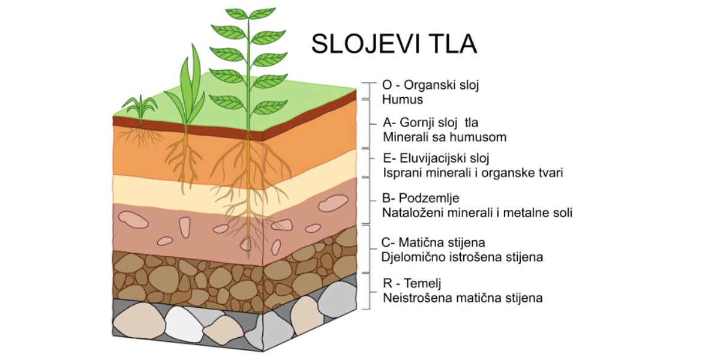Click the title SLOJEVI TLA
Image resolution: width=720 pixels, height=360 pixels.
pyautogui.click(x=394, y=44)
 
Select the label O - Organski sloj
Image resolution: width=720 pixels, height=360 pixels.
pyautogui.click(x=431, y=85)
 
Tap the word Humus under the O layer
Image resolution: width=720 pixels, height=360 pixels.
pyautogui.click(x=403, y=100)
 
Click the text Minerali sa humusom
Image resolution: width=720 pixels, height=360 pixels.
pyautogui.click(x=444, y=137)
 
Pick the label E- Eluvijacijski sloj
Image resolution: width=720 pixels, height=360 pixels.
pyautogui.click(x=436, y=159)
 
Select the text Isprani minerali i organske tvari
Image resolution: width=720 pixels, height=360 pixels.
pyautogui.click(x=473, y=173)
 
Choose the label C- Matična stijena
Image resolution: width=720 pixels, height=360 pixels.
pyautogui.click(x=433, y=243)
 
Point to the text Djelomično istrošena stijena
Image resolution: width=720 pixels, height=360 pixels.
pyautogui.click(x=462, y=257)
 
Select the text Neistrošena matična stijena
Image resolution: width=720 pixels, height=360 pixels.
pyautogui.click(x=462, y=298)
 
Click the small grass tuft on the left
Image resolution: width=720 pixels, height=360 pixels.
pyautogui.click(x=139, y=108)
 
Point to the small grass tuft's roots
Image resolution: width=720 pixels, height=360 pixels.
pyautogui.click(x=142, y=135)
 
